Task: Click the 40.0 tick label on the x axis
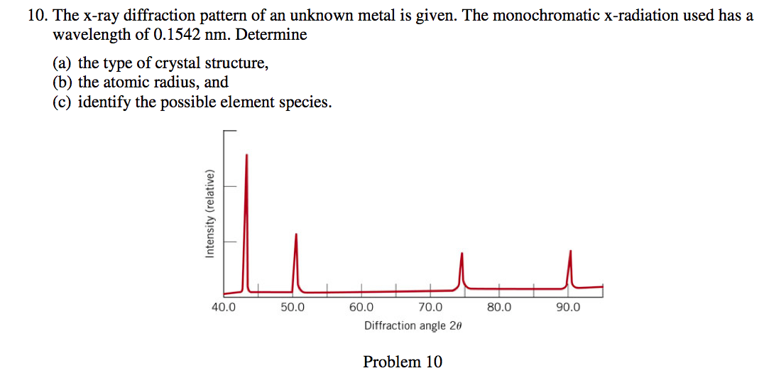pos(223,308)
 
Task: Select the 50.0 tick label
pos(292,308)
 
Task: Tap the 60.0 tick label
pos(361,308)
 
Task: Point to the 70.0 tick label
pos(430,308)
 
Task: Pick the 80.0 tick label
pos(498,308)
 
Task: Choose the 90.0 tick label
pos(568,308)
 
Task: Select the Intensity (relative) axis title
pos(209,214)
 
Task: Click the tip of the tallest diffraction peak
pos(246,154)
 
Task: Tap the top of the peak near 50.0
pos(296,234)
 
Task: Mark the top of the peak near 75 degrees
pos(462,253)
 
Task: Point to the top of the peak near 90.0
pos(569,251)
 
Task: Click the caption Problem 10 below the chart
pos(403,362)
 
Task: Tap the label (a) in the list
pos(63,63)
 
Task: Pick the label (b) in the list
pos(64,82)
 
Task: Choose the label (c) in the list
pos(63,102)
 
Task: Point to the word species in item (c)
pos(305,102)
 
